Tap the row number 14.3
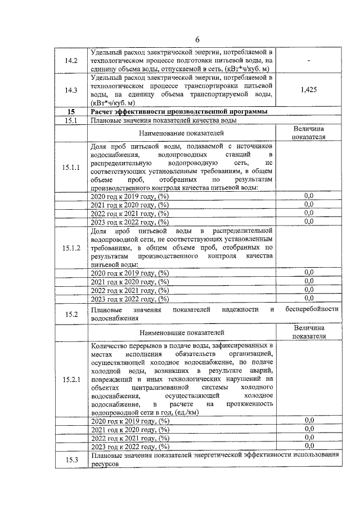point(71,89)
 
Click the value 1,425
point(309,89)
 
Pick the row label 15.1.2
point(71,247)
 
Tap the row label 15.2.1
point(71,379)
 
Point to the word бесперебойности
point(312,309)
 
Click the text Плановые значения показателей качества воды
point(163,120)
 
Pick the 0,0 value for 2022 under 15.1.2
point(309,290)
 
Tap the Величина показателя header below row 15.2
point(309,332)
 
